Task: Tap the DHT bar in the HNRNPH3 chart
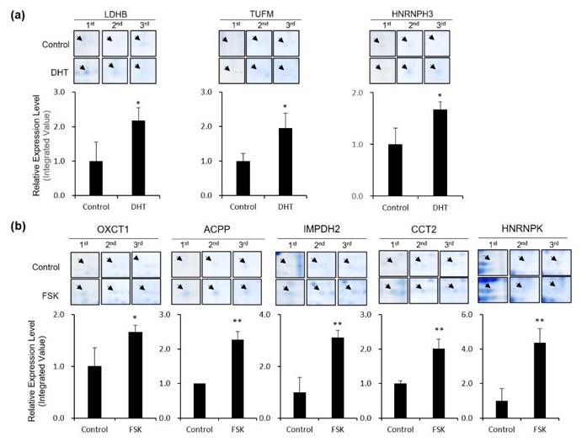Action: (439, 152)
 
